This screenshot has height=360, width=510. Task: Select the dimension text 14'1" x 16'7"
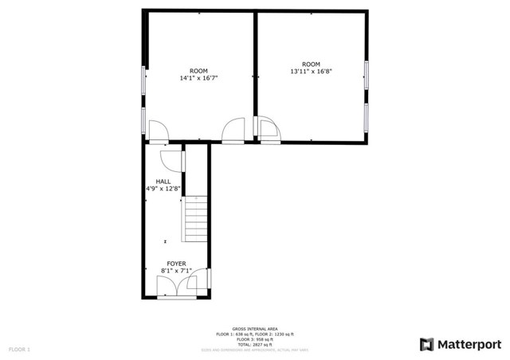[198, 78]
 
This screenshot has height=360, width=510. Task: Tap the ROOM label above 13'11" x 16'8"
[311, 64]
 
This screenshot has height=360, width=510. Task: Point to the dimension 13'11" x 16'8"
[311, 71]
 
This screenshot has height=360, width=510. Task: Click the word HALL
[163, 182]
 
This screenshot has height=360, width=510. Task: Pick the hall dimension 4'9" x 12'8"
[163, 189]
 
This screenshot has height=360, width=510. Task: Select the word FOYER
[176, 264]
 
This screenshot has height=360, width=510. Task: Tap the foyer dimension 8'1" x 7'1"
[176, 271]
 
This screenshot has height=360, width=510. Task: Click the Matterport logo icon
[426, 344]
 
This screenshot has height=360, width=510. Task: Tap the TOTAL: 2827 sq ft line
[255, 342]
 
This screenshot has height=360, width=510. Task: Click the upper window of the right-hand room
[367, 73]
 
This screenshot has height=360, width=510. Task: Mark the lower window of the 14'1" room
[143, 119]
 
